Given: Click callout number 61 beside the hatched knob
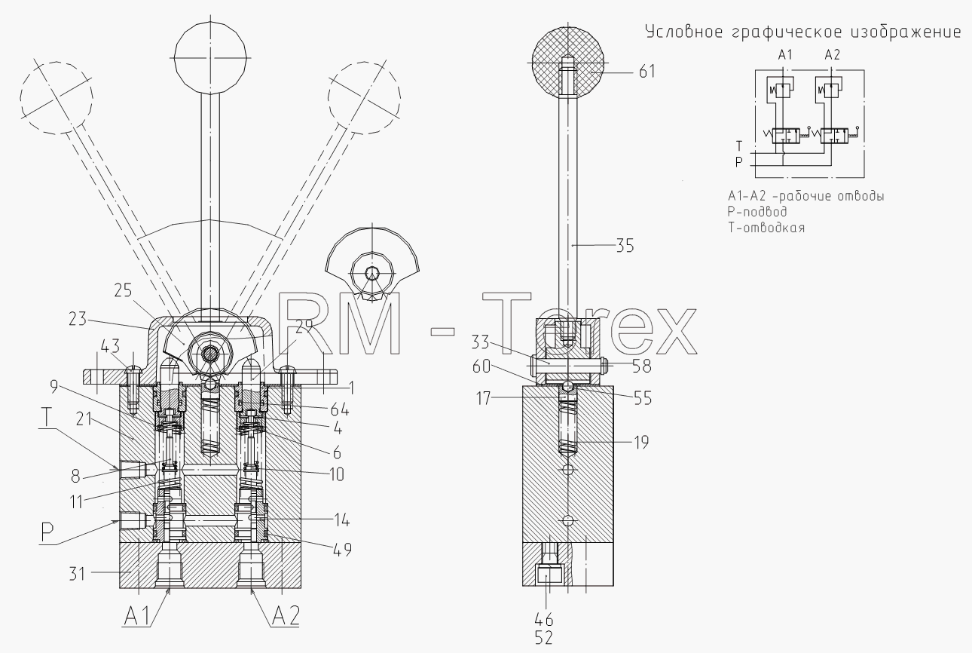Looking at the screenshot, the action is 646,72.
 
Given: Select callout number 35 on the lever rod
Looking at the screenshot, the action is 625,246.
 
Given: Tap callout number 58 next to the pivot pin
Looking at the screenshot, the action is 641,366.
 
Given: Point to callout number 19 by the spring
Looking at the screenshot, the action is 641,443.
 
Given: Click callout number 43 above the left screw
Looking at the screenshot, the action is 110,347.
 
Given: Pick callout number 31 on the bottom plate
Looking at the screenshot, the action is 78,574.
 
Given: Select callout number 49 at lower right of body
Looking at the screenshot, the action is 342,550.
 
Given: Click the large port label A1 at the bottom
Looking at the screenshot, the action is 137,617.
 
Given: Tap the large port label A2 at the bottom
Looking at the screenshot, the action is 286,615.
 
